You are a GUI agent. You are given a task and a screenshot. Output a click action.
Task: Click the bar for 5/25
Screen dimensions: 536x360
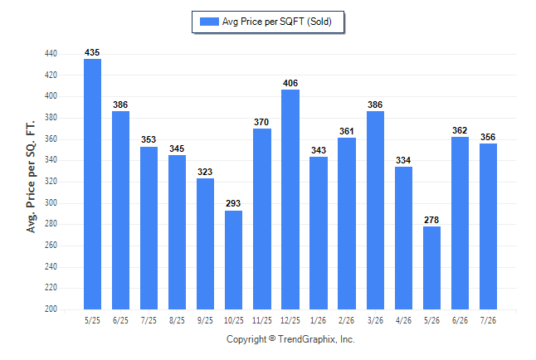click(92, 184)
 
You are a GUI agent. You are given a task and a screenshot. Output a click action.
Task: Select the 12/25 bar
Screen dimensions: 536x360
click(290, 199)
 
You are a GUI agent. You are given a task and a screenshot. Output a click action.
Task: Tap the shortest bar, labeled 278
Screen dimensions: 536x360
click(431, 268)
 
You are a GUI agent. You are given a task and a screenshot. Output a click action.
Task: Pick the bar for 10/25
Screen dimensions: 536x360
click(233, 260)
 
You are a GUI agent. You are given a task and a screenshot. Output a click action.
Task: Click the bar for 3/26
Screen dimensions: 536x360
click(375, 210)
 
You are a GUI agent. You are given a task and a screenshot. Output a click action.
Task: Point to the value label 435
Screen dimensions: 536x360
click(92, 52)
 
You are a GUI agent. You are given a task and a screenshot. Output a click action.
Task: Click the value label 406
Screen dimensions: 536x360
click(290, 83)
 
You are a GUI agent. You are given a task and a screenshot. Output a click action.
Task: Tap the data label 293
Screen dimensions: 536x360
click(233, 203)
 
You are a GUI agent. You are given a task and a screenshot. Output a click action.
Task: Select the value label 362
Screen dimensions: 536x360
click(460, 130)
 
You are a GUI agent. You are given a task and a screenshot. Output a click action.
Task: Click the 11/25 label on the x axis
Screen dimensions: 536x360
click(262, 320)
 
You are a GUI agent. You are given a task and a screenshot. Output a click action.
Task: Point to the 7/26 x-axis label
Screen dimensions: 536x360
click(488, 320)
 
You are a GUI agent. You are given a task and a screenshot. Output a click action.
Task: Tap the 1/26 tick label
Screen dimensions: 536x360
click(319, 320)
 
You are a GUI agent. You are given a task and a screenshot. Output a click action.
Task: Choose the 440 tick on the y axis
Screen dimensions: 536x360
click(51, 54)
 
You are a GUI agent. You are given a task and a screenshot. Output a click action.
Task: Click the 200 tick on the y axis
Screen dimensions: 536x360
click(51, 309)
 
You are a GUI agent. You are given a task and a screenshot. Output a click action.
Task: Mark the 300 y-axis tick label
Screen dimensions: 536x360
click(51, 202)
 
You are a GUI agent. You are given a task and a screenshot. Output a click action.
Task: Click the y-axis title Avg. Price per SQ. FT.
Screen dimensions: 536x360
click(31, 177)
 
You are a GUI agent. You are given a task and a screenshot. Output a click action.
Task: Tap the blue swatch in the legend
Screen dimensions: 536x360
click(209, 22)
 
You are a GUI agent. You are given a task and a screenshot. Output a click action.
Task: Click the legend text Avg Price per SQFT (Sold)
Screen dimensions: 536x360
click(277, 22)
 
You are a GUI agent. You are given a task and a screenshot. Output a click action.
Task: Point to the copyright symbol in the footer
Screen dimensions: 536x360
click(272, 338)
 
